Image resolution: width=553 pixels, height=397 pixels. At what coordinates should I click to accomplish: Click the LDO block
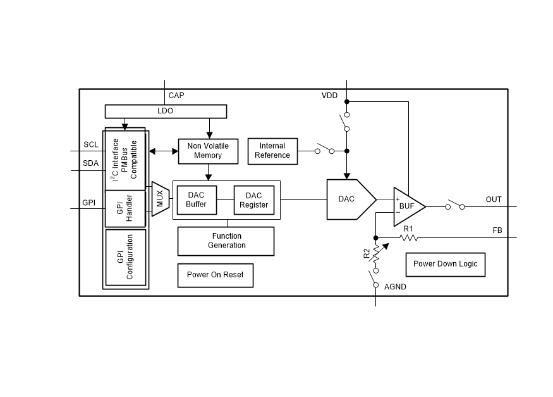tap(165, 111)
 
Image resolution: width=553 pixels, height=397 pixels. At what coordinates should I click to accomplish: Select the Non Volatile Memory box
tap(208, 150)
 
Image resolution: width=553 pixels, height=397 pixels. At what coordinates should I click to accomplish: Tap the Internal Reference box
tap(272, 150)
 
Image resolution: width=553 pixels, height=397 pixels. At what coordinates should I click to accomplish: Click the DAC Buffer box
tap(196, 200)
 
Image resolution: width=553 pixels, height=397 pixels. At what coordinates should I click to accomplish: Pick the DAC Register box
tap(253, 200)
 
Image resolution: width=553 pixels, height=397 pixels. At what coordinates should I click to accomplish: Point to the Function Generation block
tap(226, 241)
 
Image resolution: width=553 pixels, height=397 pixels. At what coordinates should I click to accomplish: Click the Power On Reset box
tap(215, 275)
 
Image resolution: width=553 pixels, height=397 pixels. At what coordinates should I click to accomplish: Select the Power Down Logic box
tap(446, 263)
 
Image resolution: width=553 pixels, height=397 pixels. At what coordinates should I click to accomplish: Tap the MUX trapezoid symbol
tap(160, 199)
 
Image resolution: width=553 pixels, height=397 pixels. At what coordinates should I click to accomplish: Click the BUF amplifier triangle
tap(406, 206)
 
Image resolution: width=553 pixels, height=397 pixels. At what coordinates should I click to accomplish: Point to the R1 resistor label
tap(408, 228)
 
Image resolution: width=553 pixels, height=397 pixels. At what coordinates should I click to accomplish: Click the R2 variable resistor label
tap(367, 253)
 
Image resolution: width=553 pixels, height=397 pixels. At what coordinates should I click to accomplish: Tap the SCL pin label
tap(91, 144)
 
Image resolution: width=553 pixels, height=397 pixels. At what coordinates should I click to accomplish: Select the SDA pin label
tap(91, 163)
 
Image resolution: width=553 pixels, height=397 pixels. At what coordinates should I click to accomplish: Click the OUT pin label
tap(494, 199)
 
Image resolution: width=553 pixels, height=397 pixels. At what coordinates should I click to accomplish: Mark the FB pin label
tap(497, 230)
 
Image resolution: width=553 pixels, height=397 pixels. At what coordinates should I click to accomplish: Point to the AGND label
tap(395, 287)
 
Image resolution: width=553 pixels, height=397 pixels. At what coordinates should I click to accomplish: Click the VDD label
tap(329, 96)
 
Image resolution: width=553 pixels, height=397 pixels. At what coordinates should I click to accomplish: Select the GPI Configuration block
tap(126, 257)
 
